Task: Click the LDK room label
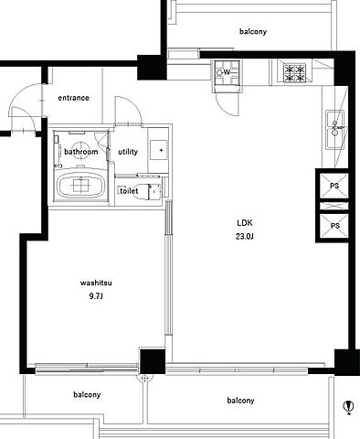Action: coord(245,223)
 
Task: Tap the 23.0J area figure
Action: coord(245,236)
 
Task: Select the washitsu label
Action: coord(96,283)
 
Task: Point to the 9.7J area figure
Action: coord(96,296)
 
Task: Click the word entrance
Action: coord(74,98)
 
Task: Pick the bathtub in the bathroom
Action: coord(81,186)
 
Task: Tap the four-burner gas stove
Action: coord(294,73)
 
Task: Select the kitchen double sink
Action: coord(335,129)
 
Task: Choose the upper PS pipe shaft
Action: coord(334,186)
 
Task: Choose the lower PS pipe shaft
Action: coord(334,226)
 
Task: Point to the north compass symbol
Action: coord(348,406)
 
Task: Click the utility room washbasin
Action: coord(159,150)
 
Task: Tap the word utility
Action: coord(128,152)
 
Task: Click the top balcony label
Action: coord(253,31)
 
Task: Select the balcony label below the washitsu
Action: coord(87,394)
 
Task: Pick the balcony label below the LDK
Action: coord(240,400)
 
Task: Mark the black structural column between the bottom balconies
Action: coord(153,361)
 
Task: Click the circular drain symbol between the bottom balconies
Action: coord(145,379)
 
